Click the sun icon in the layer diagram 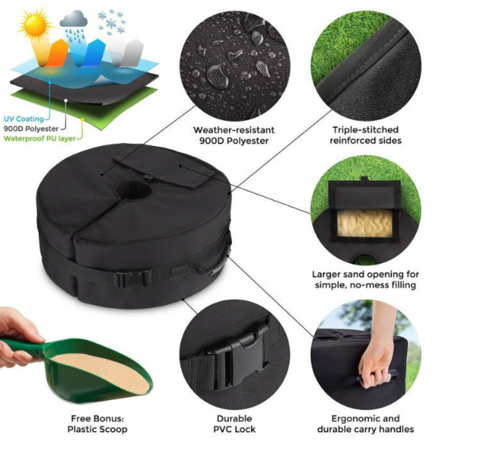36,24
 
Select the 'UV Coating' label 24,119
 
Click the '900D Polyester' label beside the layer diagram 31,129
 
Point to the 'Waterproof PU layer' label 40,138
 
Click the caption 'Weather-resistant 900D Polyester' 234,135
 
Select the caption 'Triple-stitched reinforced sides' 366,135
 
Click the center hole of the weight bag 133,189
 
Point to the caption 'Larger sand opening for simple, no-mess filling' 366,279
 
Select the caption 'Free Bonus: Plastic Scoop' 98,424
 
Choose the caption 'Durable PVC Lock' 235,424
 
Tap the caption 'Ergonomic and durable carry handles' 366,424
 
